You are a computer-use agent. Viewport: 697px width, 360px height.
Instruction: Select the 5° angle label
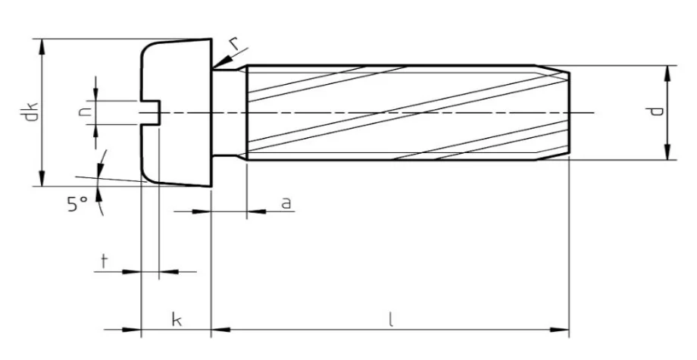point(77,204)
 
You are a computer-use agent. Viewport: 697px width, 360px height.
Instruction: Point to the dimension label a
point(286,202)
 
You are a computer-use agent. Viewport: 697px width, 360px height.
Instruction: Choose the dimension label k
point(176,321)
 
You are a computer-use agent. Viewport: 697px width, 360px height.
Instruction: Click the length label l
point(391,320)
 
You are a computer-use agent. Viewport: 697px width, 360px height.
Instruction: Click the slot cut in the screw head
point(150,113)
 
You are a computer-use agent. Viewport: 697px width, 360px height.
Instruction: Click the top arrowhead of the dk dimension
point(44,45)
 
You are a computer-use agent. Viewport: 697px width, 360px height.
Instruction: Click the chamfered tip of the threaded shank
point(561,113)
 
